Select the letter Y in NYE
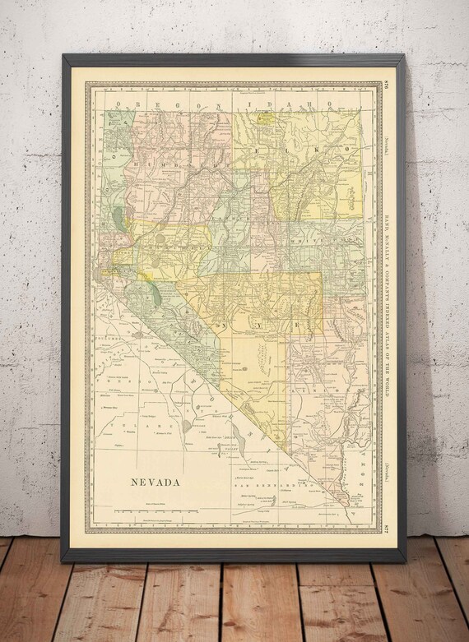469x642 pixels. click(x=278, y=326)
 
